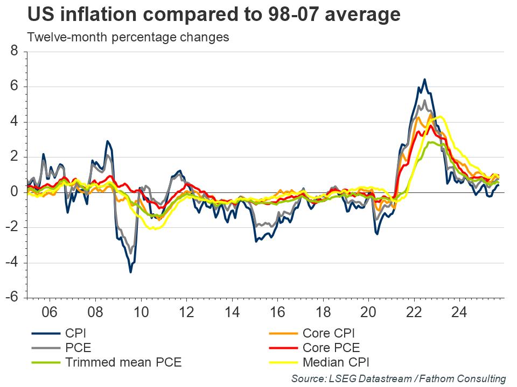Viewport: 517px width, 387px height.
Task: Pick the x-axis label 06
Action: [50, 312]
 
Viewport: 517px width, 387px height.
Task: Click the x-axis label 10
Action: [141, 312]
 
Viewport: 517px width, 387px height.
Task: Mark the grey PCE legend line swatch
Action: [44, 348]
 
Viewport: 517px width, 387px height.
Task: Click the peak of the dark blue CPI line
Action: [424, 80]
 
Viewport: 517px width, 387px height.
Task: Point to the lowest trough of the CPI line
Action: [130, 272]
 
